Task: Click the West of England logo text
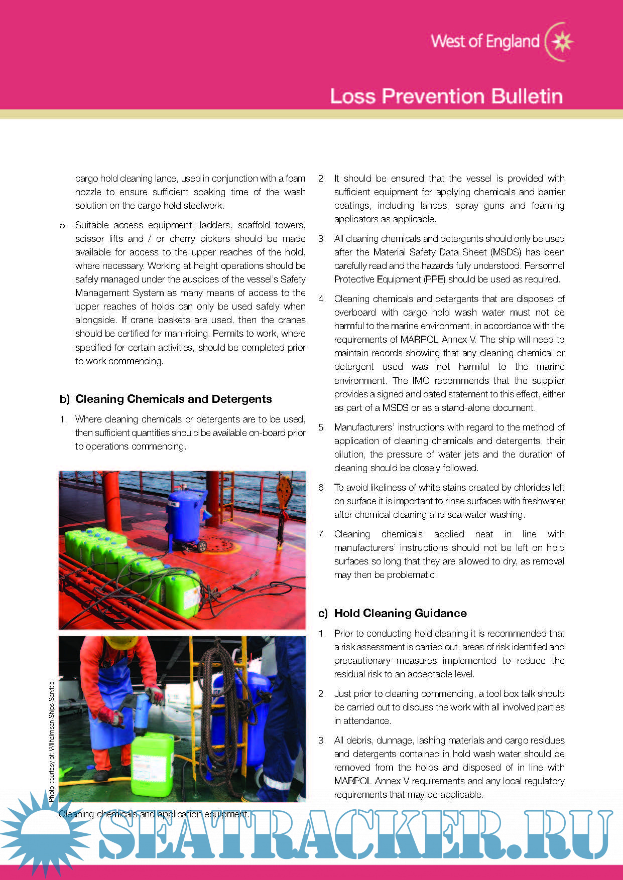[x=484, y=42]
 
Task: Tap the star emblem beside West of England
[x=561, y=42]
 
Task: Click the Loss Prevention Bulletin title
[x=446, y=96]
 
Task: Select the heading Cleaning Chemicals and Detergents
[x=173, y=399]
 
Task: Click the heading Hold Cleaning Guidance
[x=400, y=613]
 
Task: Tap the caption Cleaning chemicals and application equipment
[x=154, y=814]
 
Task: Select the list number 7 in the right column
[x=322, y=534]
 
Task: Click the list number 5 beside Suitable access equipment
[x=63, y=225]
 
